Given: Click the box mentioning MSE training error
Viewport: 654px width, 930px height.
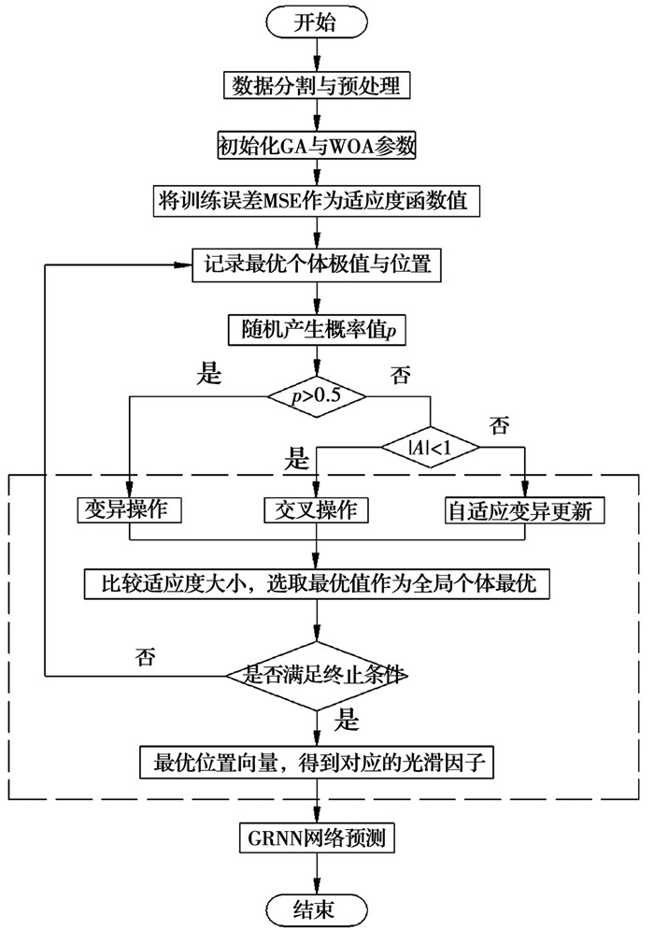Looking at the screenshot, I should point(318,200).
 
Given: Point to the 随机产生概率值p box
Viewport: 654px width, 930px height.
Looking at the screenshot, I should point(318,328).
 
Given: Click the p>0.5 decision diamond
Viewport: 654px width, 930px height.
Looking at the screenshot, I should point(318,396).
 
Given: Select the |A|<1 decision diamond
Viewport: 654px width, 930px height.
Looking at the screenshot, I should point(431,448).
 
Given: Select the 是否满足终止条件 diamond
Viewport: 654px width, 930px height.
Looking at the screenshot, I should point(318,674).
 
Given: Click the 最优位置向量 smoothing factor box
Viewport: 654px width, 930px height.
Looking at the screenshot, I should point(318,762).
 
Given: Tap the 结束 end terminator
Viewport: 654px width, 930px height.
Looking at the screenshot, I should point(318,906).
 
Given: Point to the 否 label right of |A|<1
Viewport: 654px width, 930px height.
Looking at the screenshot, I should point(500,426).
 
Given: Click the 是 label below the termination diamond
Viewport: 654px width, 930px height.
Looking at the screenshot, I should point(347,722).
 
